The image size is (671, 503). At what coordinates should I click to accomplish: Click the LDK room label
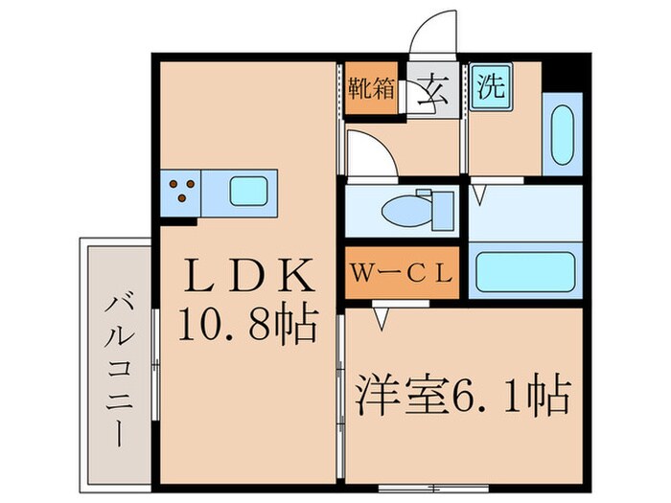(249, 278)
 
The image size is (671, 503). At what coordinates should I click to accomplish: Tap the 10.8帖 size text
(247, 328)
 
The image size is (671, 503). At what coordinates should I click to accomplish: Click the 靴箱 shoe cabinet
(371, 89)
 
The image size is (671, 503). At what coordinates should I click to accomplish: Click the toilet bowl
(402, 209)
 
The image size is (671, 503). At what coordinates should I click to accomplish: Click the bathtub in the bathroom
(525, 272)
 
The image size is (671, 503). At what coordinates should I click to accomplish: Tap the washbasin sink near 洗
(561, 134)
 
